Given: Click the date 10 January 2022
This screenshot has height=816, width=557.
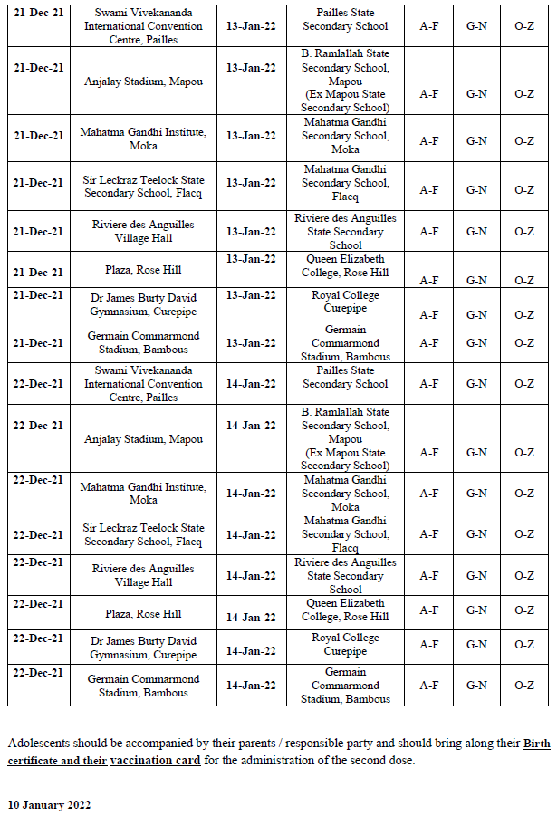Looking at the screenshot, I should [x=49, y=804].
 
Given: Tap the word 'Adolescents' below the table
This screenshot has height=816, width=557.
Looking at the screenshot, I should [x=38, y=744].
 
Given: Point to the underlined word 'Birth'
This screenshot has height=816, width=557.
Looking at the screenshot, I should [x=536, y=744].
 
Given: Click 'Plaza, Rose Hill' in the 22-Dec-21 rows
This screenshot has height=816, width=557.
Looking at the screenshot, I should [x=146, y=614].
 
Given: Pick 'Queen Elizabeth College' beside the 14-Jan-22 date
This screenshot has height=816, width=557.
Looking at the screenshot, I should [x=345, y=610].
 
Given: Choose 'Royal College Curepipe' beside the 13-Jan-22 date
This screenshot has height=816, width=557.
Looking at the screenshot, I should [x=345, y=302].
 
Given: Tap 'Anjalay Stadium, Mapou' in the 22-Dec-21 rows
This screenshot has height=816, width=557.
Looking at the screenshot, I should [x=144, y=439].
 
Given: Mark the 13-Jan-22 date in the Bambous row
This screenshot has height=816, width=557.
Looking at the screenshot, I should [x=251, y=343].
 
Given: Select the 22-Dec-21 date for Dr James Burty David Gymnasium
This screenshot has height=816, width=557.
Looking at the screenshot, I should [x=38, y=638].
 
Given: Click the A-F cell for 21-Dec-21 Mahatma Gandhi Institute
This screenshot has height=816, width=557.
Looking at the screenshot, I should [x=428, y=141].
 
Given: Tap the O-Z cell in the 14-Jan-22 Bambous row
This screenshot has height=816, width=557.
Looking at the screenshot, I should [x=524, y=686].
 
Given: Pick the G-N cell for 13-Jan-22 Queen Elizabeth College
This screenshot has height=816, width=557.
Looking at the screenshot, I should [x=476, y=281].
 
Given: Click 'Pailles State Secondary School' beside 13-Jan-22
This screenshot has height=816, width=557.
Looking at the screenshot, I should [x=345, y=20].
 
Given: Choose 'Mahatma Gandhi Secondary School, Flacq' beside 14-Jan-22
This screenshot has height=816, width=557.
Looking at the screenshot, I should [x=345, y=534].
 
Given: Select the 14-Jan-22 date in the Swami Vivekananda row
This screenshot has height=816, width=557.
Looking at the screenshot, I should [x=251, y=384].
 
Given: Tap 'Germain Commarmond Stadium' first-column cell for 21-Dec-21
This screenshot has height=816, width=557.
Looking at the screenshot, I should [x=144, y=343].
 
